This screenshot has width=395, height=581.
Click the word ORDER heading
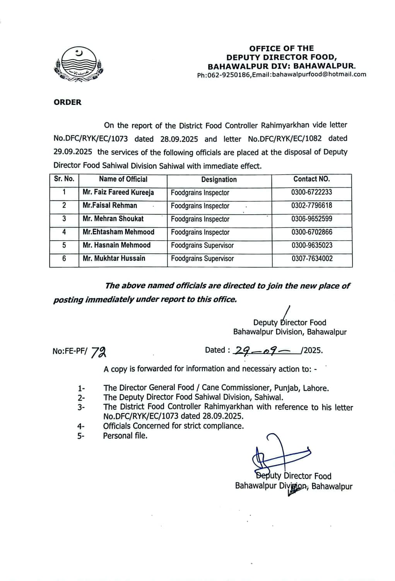(x=68, y=103)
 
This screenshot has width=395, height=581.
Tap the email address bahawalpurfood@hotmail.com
(x=319, y=75)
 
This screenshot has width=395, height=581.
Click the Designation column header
(x=219, y=179)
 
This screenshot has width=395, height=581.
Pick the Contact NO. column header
(x=311, y=179)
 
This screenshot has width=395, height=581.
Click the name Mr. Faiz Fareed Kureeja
(x=118, y=192)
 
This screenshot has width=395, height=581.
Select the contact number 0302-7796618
(x=311, y=205)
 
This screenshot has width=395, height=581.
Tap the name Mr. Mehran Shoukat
(x=113, y=219)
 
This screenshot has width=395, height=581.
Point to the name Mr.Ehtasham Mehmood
(x=118, y=232)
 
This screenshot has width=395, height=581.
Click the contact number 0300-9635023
(x=312, y=245)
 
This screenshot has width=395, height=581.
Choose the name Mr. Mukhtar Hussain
(x=114, y=258)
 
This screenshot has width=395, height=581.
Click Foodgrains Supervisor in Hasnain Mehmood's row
(x=202, y=246)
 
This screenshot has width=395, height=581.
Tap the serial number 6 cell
(x=64, y=258)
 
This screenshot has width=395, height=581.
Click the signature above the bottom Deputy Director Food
(x=279, y=455)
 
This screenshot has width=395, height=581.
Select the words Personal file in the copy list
(x=125, y=436)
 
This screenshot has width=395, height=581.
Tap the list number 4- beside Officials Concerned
(x=81, y=427)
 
